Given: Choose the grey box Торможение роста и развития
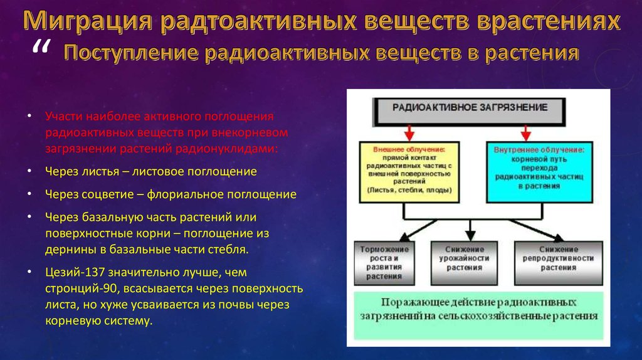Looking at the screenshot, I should [379, 262].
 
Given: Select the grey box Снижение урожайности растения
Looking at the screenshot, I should [465, 262].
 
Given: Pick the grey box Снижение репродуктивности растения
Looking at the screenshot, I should [558, 262].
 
